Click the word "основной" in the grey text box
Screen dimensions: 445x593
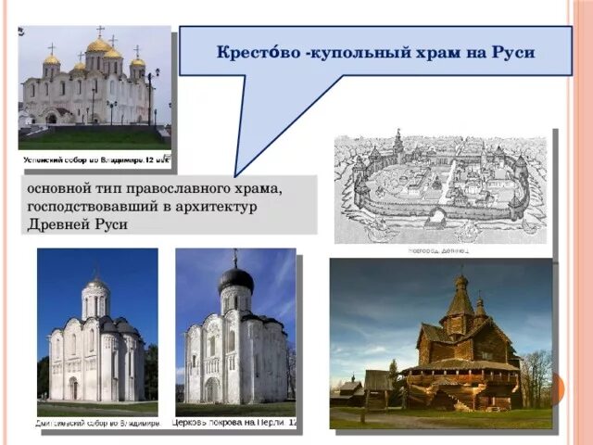[57, 187]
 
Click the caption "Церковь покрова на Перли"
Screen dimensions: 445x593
[232, 422]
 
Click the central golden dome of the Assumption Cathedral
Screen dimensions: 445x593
[99, 45]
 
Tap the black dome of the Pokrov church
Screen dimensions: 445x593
[235, 278]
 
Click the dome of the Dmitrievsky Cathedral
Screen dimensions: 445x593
[95, 285]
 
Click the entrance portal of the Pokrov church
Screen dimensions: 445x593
[212, 389]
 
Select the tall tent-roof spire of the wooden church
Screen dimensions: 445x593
[461, 299]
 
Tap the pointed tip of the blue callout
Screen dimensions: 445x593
[237, 173]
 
